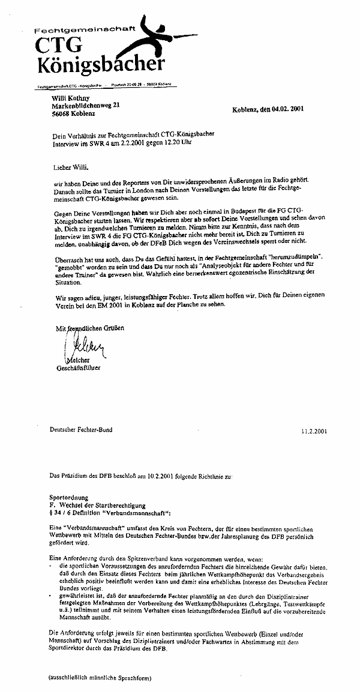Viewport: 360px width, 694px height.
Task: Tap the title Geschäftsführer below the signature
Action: tap(78, 368)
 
